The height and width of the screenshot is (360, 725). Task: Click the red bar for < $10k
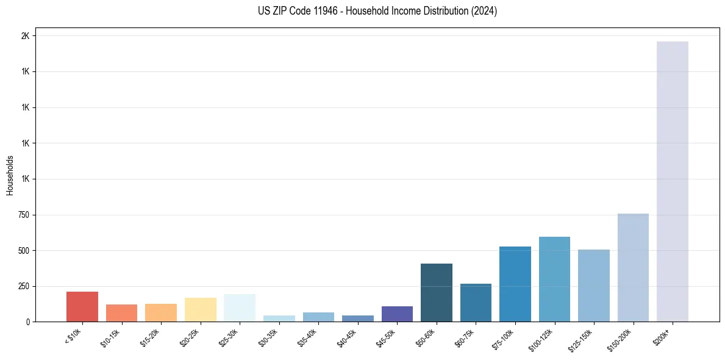[x=82, y=306]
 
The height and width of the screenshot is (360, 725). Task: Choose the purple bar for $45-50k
[x=397, y=314]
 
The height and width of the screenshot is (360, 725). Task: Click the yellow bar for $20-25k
[x=200, y=309]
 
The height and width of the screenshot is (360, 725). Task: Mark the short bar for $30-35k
[x=279, y=319]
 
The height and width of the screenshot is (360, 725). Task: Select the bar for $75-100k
[x=515, y=284]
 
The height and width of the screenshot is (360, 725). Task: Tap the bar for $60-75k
[x=476, y=303]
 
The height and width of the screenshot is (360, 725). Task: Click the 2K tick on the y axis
[x=25, y=36]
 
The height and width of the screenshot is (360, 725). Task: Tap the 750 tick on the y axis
[x=23, y=215]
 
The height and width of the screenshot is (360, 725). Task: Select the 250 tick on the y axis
[x=23, y=286]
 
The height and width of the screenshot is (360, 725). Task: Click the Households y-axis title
[x=10, y=175]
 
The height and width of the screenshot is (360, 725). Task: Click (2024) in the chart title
[x=485, y=11]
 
